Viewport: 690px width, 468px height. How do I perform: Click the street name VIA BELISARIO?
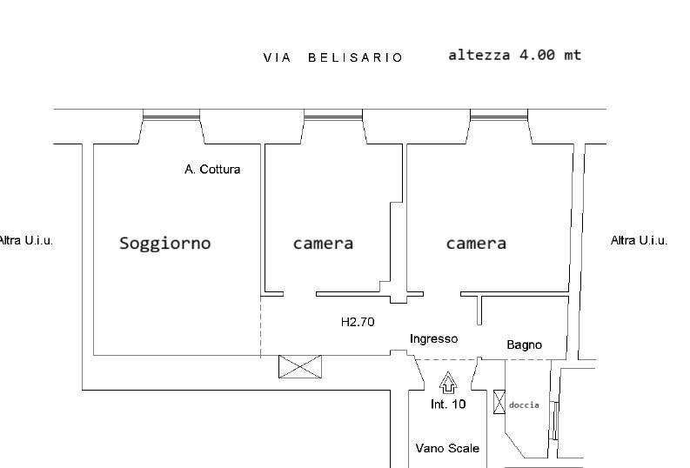pyautogui.click(x=333, y=57)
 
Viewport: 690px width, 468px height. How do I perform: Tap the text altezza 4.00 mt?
pyautogui.click(x=514, y=55)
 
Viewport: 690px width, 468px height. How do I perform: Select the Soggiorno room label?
pyautogui.click(x=164, y=244)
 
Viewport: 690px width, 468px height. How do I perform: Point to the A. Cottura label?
pyautogui.click(x=212, y=170)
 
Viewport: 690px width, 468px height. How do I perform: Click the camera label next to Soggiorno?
pyautogui.click(x=323, y=244)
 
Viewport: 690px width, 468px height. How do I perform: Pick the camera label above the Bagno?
pyautogui.click(x=476, y=244)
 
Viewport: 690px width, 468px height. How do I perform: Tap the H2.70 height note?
pyautogui.click(x=357, y=322)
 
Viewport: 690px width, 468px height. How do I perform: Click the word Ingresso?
pyautogui.click(x=433, y=339)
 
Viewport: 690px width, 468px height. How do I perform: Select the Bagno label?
pyautogui.click(x=524, y=345)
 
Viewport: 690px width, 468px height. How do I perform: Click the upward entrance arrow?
pyautogui.click(x=448, y=381)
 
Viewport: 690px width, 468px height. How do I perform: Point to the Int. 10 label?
pyautogui.click(x=448, y=404)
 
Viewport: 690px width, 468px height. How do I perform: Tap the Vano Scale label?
pyautogui.click(x=447, y=449)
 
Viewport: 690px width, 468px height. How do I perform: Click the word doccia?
pyautogui.click(x=524, y=405)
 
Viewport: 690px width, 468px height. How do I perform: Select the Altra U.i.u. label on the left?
pyautogui.click(x=26, y=240)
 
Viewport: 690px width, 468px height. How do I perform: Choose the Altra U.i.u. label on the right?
pyautogui.click(x=639, y=240)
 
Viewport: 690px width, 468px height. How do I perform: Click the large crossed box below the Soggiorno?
pyautogui.click(x=299, y=366)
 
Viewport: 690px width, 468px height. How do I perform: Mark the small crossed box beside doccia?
pyautogui.click(x=499, y=402)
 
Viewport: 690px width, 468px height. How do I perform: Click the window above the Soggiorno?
pyautogui.click(x=171, y=114)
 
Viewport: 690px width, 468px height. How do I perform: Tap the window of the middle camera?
pyautogui.click(x=333, y=114)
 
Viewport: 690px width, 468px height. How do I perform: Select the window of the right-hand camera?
pyautogui.click(x=499, y=114)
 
